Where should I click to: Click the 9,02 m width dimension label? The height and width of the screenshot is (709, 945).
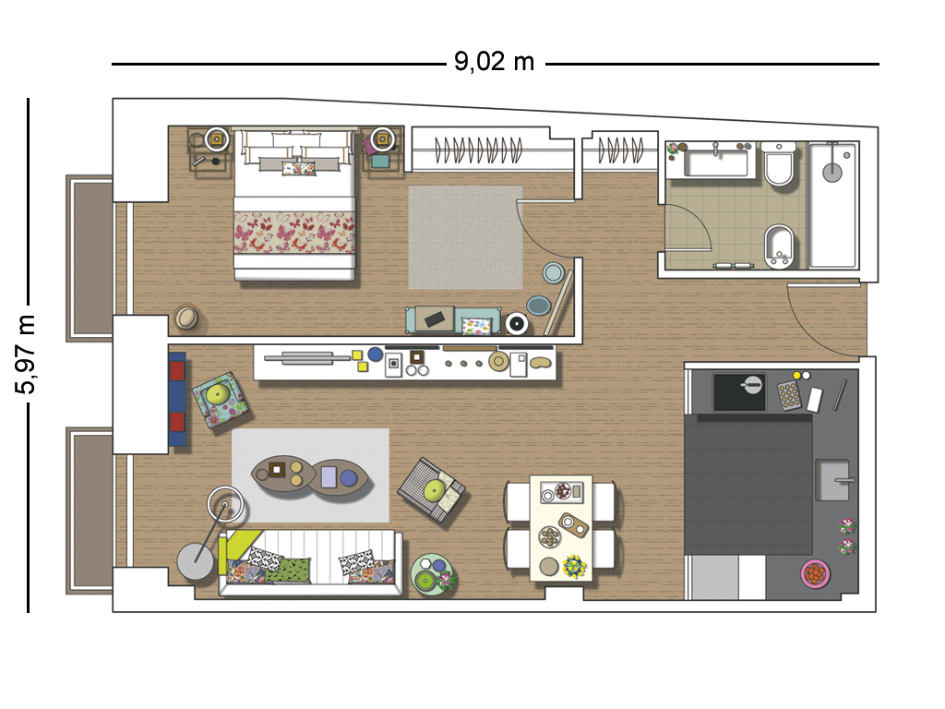(495, 62)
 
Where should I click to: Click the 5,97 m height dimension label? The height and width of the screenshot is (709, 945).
(25, 354)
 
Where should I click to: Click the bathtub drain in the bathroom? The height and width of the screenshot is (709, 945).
(832, 173)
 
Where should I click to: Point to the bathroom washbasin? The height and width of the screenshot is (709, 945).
(716, 161)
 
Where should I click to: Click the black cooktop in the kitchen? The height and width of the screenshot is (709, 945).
(739, 391)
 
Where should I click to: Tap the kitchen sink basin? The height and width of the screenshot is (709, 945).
(832, 480)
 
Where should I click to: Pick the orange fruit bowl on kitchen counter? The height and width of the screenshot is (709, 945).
(816, 573)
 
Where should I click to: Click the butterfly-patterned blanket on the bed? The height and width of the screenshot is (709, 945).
(294, 233)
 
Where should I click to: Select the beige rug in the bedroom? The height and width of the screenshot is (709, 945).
(465, 237)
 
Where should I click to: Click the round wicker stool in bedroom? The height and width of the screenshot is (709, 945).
(187, 318)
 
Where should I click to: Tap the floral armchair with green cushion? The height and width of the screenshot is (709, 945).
(219, 399)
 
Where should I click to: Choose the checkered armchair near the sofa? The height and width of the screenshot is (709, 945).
(432, 489)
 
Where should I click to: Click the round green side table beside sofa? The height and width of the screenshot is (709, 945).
(432, 574)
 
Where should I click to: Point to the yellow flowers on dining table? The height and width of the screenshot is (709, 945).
(574, 566)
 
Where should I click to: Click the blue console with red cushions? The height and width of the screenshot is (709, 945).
(176, 399)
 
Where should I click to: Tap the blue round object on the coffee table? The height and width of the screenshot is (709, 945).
(348, 478)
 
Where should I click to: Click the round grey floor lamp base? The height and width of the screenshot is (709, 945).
(195, 561)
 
